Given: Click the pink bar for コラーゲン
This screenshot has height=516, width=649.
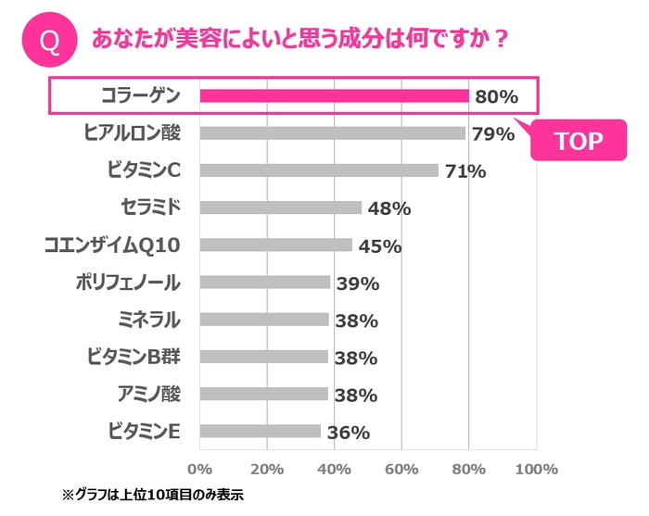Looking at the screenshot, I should (334, 95).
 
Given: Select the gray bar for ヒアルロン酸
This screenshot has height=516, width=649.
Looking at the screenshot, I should (332, 133).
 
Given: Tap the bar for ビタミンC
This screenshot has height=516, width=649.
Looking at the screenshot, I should (319, 170).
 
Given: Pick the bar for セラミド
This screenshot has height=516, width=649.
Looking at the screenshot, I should (280, 208).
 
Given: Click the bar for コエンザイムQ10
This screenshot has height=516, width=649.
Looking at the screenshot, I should (275, 245).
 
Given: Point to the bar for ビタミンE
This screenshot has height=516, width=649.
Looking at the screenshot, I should (260, 432).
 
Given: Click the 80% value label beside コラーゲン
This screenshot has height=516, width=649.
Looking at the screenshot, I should (496, 96).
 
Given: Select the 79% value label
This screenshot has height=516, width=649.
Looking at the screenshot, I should (492, 134).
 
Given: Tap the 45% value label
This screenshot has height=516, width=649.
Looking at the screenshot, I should (379, 246).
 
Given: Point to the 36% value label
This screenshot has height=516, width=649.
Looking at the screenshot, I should (348, 433).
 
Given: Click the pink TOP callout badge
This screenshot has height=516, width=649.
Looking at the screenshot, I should (578, 141).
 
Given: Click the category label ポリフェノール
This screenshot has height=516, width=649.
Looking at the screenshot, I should (128, 283).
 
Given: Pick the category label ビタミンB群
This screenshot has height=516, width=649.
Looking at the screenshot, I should (133, 357).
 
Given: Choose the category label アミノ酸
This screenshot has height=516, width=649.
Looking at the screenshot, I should (148, 394).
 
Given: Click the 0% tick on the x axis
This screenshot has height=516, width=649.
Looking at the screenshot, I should (200, 468).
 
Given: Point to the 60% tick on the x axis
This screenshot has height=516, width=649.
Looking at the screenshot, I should (401, 468).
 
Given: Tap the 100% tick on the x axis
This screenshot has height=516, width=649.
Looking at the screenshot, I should (535, 468).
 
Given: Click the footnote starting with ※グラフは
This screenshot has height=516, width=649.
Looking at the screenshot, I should (152, 495).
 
